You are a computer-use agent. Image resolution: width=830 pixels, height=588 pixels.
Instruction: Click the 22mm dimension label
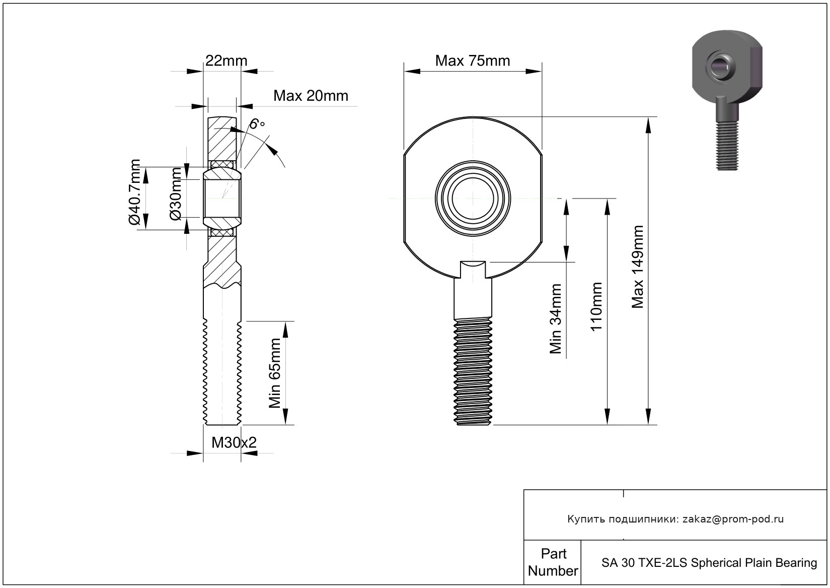point(226,61)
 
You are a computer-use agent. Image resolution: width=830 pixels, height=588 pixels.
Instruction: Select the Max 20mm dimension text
point(311,96)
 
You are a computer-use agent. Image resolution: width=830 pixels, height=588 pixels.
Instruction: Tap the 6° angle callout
point(257,124)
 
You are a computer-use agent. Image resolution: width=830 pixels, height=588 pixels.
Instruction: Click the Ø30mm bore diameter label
point(176,194)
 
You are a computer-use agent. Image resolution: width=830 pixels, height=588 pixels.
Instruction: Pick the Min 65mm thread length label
point(275,373)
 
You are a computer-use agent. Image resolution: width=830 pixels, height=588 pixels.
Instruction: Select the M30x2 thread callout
point(234,442)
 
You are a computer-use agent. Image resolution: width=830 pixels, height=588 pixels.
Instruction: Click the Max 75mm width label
point(472,61)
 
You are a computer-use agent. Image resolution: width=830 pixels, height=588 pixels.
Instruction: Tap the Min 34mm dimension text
point(556,318)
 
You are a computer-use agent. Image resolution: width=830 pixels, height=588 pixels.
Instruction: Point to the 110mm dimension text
point(596,306)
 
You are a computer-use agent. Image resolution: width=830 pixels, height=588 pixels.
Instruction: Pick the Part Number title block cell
point(553,562)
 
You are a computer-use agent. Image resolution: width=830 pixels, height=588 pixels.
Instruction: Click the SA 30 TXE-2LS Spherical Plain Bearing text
point(709,562)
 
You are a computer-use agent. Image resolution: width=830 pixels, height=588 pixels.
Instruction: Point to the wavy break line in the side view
point(222,286)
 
